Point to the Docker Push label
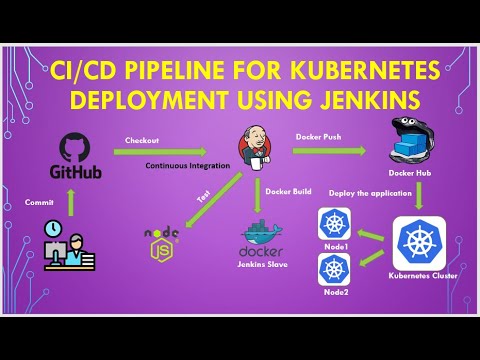click(319, 136)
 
